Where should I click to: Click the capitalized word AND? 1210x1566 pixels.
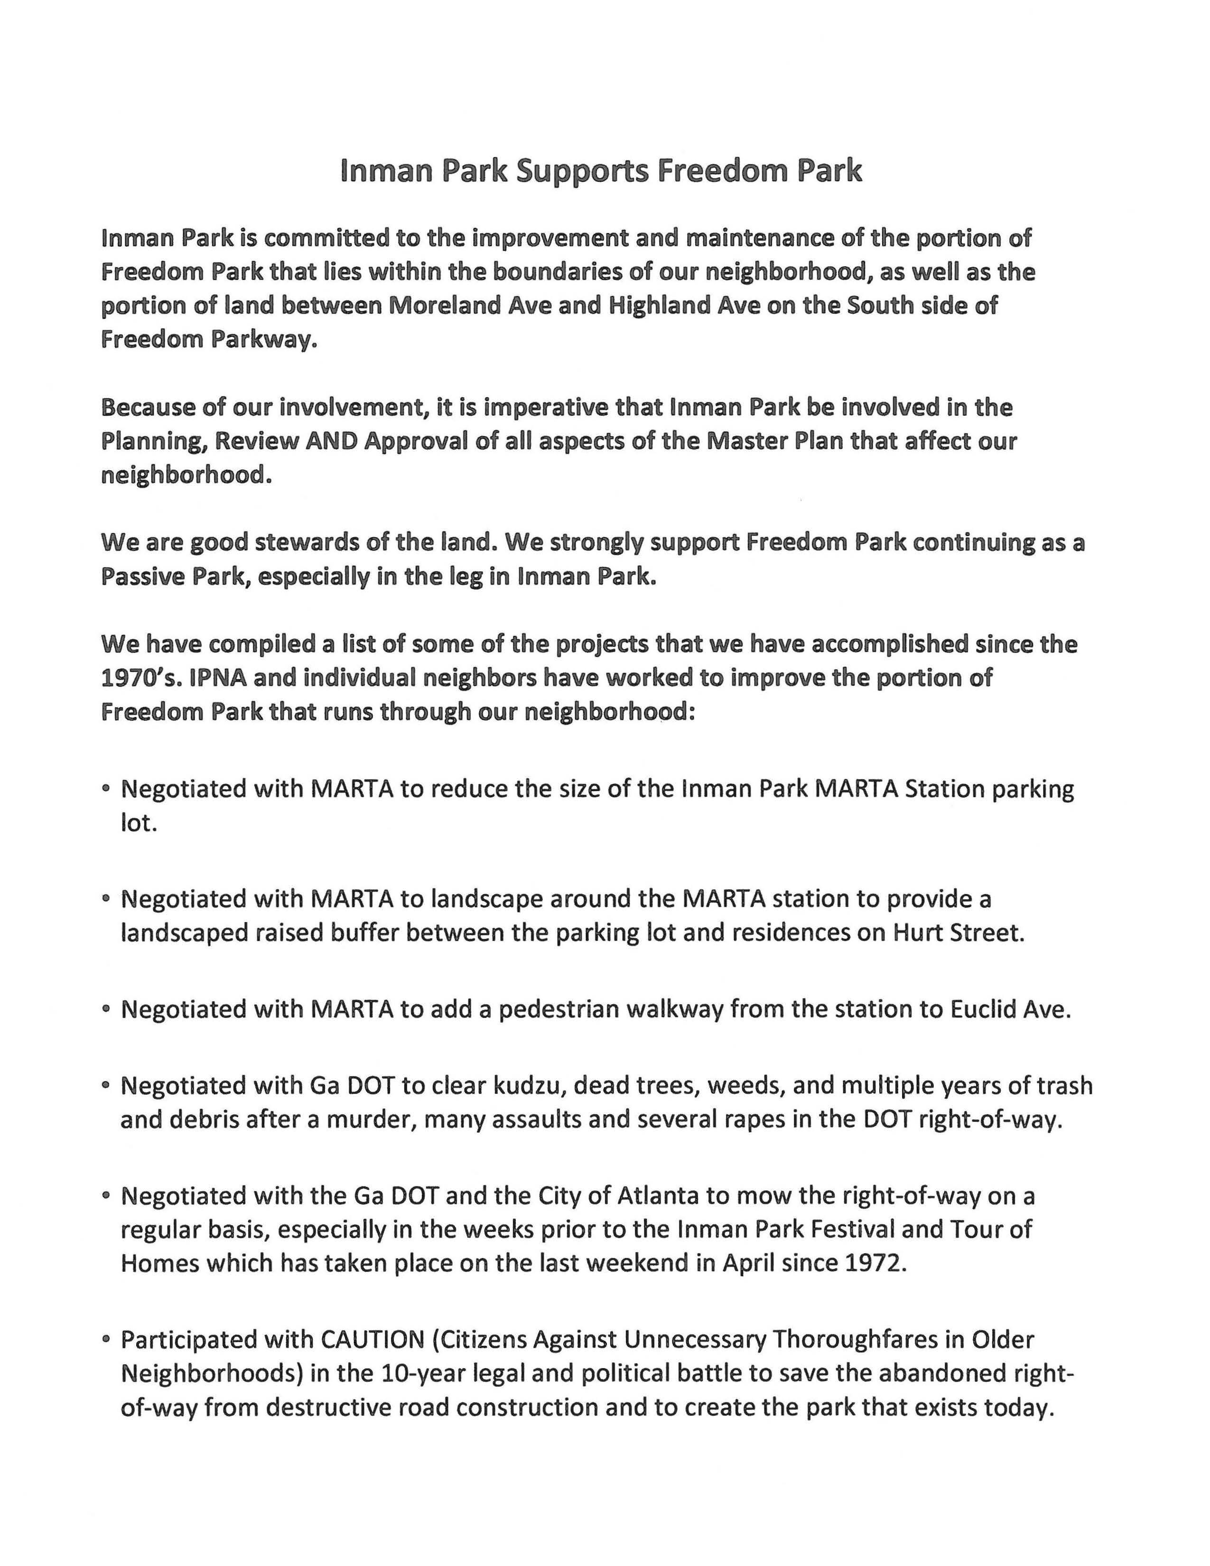point(332,442)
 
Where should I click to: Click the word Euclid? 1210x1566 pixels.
point(985,1009)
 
